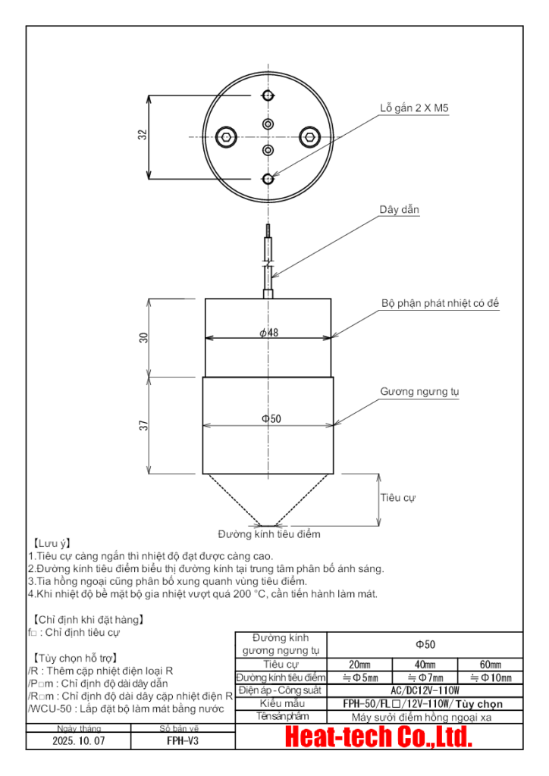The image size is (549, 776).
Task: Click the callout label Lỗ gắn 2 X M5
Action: pos(414,108)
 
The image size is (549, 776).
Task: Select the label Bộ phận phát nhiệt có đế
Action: pos(440,303)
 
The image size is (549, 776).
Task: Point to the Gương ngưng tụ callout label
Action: pos(419,392)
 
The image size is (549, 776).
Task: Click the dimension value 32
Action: pos(142,135)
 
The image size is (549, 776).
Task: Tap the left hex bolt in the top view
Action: pos(225,137)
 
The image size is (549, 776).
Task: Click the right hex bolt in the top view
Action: pos(309,137)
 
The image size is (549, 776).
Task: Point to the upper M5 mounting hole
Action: pos(268,95)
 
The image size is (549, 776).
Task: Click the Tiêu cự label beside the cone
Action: pos(398,498)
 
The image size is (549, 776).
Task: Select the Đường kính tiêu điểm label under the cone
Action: pos(269,533)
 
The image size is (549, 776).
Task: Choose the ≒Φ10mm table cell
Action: pos(490,677)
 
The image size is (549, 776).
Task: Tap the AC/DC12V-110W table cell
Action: pos(425,690)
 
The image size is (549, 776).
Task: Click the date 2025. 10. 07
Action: pos(78,740)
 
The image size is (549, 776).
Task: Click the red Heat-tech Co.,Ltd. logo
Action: pos(378,737)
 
